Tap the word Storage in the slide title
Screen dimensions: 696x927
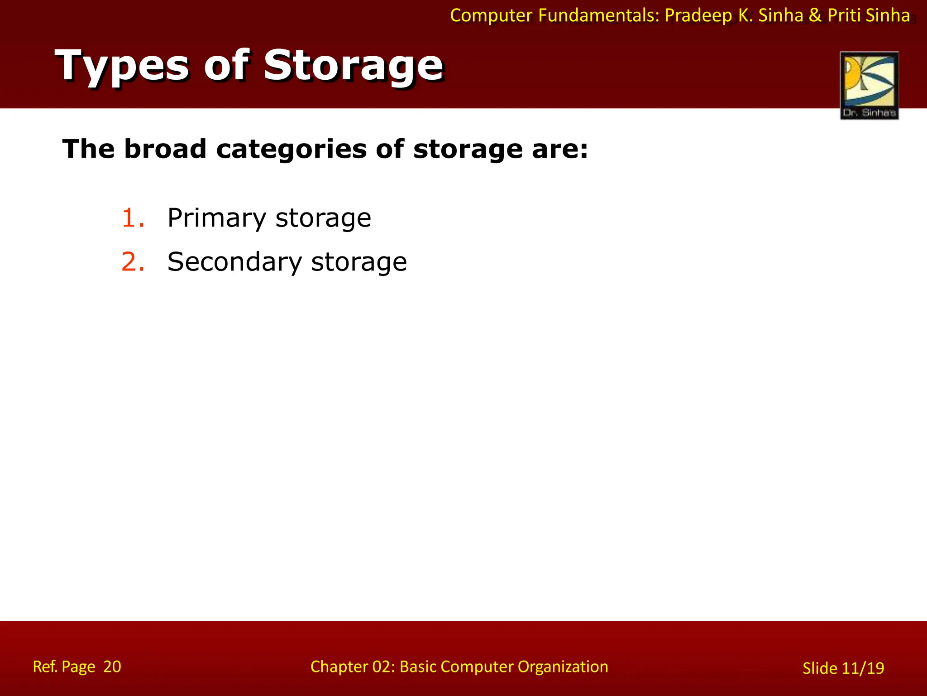[x=353, y=67]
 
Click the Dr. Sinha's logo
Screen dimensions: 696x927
[x=869, y=86]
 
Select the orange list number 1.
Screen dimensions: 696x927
[x=133, y=218]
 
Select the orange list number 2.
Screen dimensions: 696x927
[x=133, y=262]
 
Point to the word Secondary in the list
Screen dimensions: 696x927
[x=234, y=262]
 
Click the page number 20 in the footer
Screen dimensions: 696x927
[x=112, y=667]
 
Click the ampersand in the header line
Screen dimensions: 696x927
[x=815, y=15]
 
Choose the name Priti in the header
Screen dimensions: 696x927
[x=844, y=15]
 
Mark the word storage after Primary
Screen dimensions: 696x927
[x=323, y=218]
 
